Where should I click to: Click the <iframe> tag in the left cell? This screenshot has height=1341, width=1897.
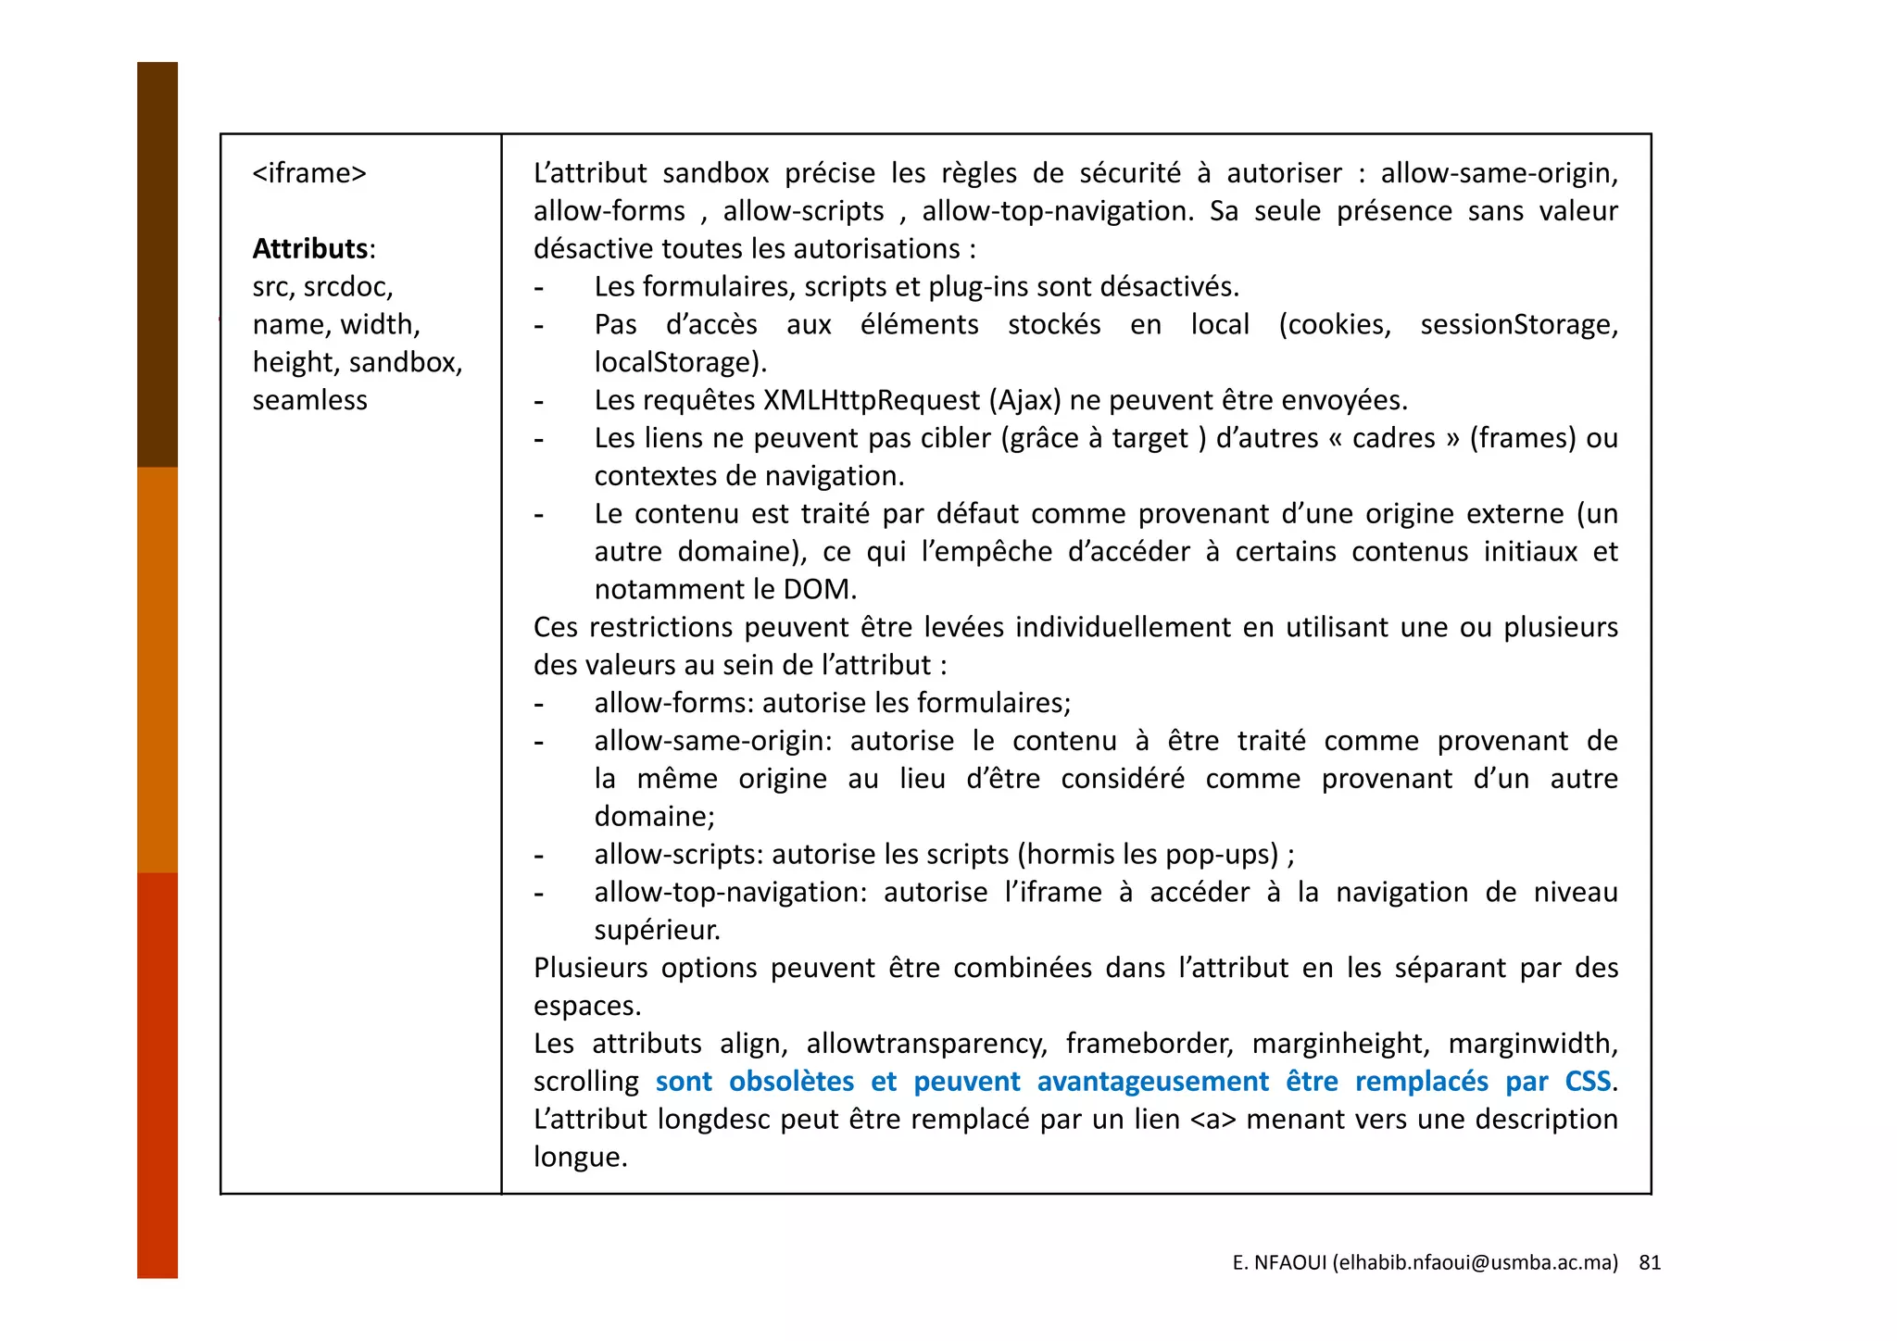[309, 173]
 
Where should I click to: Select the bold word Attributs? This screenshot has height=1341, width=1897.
[310, 248]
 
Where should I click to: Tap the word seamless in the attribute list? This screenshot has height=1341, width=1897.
[309, 400]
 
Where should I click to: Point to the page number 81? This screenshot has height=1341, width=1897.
[1650, 1262]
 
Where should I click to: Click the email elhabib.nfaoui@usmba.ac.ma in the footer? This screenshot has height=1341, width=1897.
[1475, 1262]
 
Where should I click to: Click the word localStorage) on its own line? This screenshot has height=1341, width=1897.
[680, 362]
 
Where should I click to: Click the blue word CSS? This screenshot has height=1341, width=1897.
[1588, 1082]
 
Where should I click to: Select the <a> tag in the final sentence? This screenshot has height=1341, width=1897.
[1212, 1120]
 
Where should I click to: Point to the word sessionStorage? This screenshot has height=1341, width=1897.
[1518, 324]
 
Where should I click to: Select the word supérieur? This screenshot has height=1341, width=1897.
[657, 930]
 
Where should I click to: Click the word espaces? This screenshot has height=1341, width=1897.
[586, 1006]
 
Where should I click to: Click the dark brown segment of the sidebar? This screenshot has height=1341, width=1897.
[157, 264]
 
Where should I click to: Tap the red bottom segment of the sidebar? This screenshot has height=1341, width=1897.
[157, 1074]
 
